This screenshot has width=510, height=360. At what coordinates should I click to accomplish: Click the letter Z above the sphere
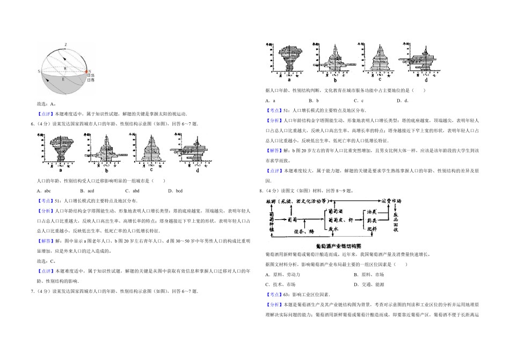coord(65,44)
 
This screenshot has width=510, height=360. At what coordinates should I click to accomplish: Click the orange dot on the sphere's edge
coord(86,71)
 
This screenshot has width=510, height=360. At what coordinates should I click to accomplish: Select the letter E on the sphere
coord(63,79)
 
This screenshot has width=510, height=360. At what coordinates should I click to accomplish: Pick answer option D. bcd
coord(175,190)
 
